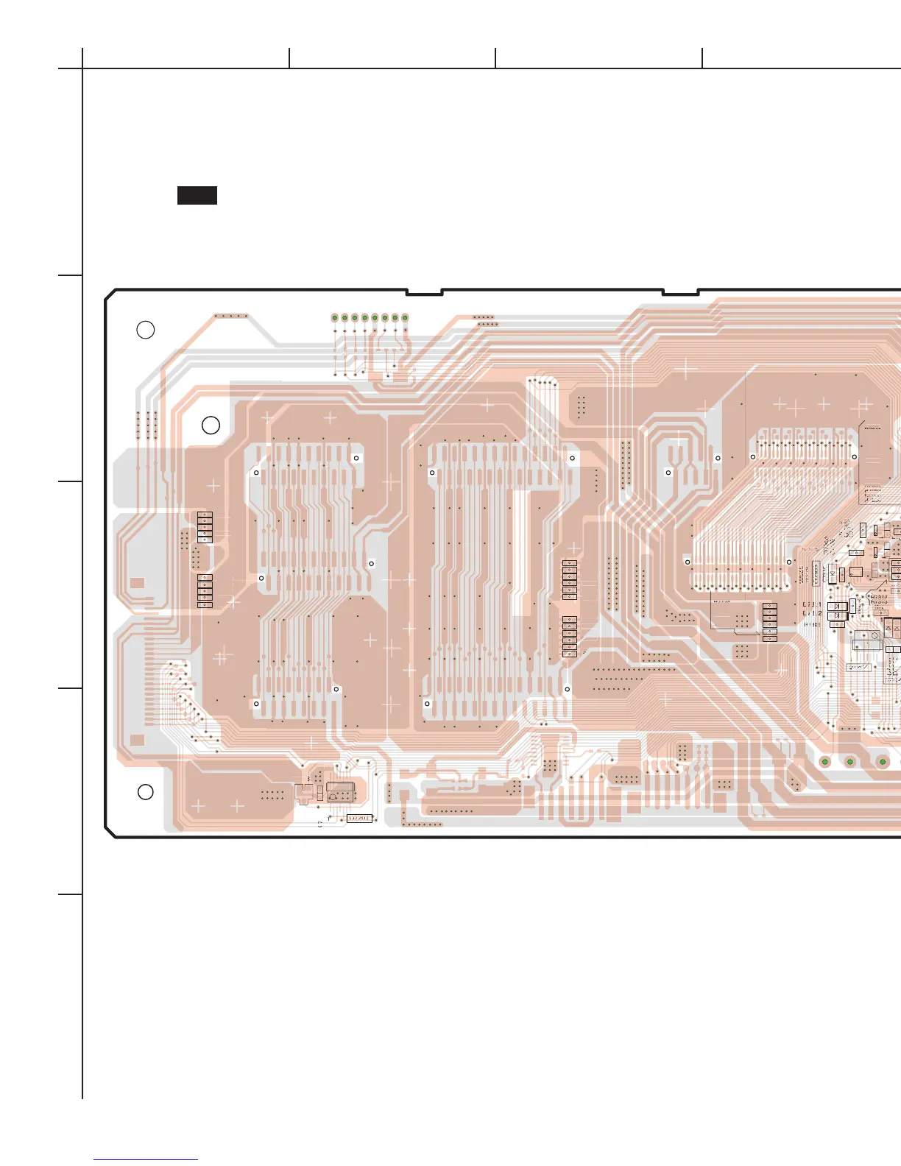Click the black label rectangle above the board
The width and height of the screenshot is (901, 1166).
pos(197,195)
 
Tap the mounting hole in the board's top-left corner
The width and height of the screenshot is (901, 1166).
pos(146,330)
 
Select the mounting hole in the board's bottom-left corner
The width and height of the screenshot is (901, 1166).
pos(146,791)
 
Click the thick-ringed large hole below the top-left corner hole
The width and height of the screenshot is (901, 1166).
pos(211,425)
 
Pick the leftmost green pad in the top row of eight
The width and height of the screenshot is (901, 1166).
pos(334,318)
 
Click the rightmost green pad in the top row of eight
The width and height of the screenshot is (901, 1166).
pos(405,318)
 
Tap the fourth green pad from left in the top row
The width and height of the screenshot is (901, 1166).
pos(364,318)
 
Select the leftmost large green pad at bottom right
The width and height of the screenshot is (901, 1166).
pos(825,761)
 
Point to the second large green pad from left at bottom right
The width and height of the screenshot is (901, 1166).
pos(850,761)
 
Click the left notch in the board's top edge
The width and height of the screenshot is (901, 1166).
pos(424,292)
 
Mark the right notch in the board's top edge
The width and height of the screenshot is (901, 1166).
pos(680,292)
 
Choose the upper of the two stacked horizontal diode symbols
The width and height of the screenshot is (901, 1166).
pos(837,607)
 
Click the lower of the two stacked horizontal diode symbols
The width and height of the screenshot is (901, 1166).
pos(837,616)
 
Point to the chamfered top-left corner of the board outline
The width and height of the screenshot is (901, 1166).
pos(110,294)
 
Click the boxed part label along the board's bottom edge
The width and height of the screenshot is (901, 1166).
pos(359,819)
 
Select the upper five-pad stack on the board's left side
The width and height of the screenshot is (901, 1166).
pos(205,527)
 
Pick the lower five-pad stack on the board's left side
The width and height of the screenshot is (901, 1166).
pos(205,591)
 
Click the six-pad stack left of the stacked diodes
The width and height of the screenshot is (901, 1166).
pos(770,622)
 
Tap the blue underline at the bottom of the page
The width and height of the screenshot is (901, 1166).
pos(146,1160)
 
